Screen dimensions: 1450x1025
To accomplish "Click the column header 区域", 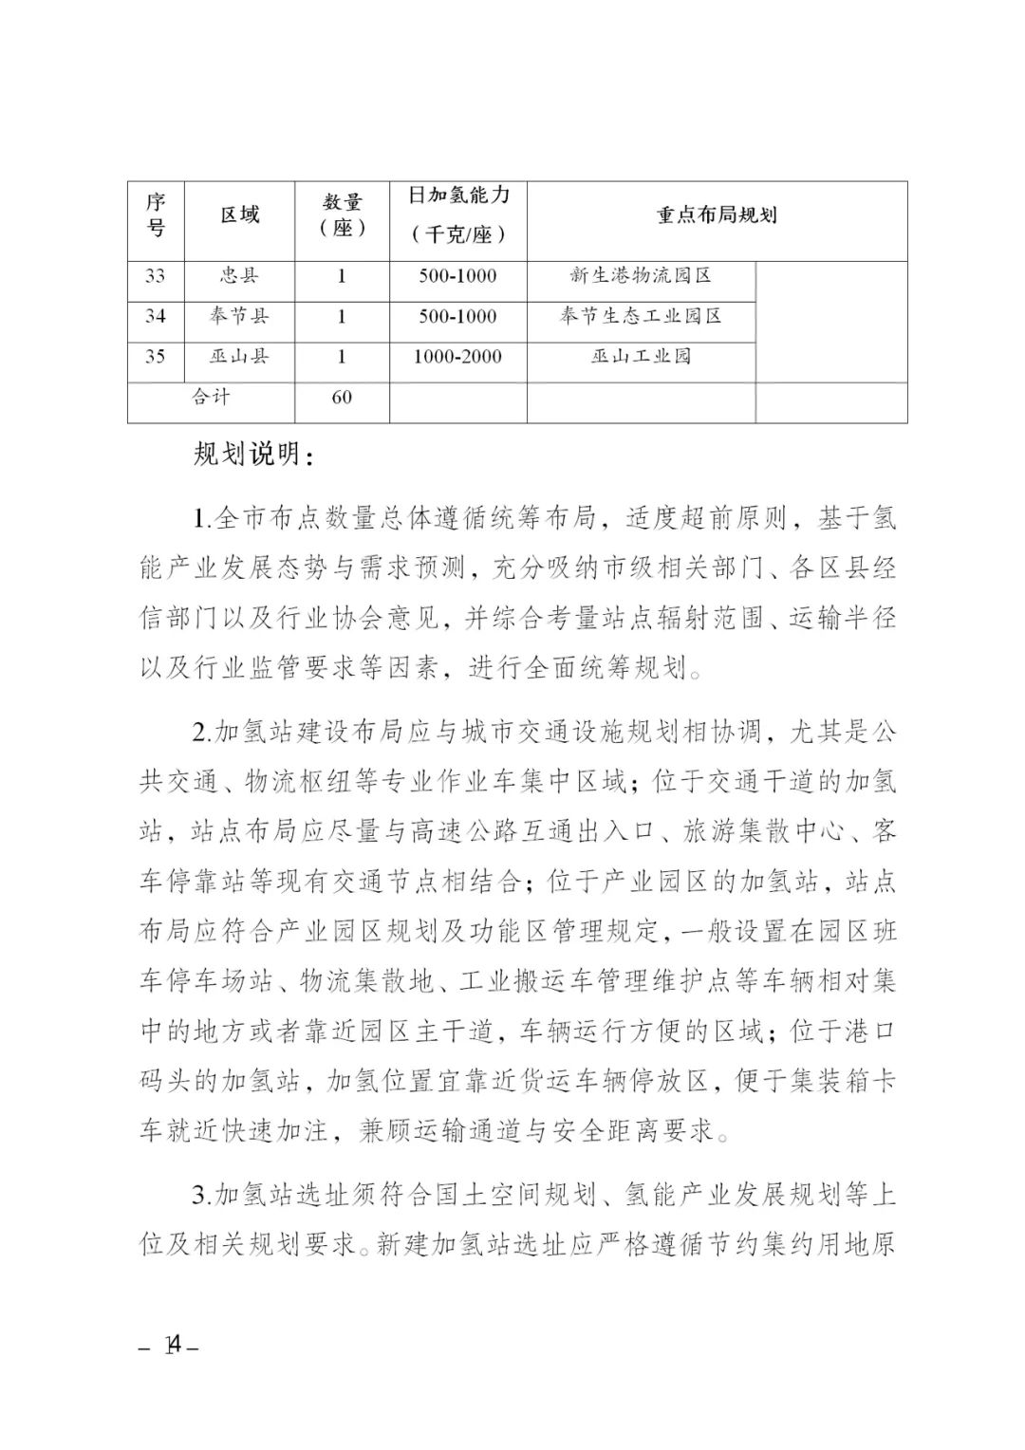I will [239, 215].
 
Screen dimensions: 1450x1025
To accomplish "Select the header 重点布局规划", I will [717, 215].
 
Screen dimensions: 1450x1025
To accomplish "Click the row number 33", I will [156, 276].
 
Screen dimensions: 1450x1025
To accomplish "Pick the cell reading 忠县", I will [239, 276].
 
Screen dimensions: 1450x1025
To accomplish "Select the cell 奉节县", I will [239, 316].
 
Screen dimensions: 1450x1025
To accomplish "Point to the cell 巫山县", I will [239, 357].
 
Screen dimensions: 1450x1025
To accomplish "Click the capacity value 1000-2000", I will [458, 357].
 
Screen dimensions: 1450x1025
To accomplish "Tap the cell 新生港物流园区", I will [641, 276].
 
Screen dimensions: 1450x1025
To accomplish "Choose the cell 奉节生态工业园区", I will [641, 316].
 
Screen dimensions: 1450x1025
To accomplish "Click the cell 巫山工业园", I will [641, 357].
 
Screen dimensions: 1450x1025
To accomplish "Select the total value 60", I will [342, 397].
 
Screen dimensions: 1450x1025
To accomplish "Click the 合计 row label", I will [211, 397].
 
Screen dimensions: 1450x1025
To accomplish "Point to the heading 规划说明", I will [253, 456].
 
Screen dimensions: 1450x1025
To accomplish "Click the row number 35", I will [156, 357].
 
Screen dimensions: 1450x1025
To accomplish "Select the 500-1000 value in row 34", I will [458, 316].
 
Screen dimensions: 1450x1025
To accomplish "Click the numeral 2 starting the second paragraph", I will [199, 734].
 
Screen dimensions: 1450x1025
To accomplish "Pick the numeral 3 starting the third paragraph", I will [199, 1194].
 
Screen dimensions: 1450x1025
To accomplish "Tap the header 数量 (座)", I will [342, 215].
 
